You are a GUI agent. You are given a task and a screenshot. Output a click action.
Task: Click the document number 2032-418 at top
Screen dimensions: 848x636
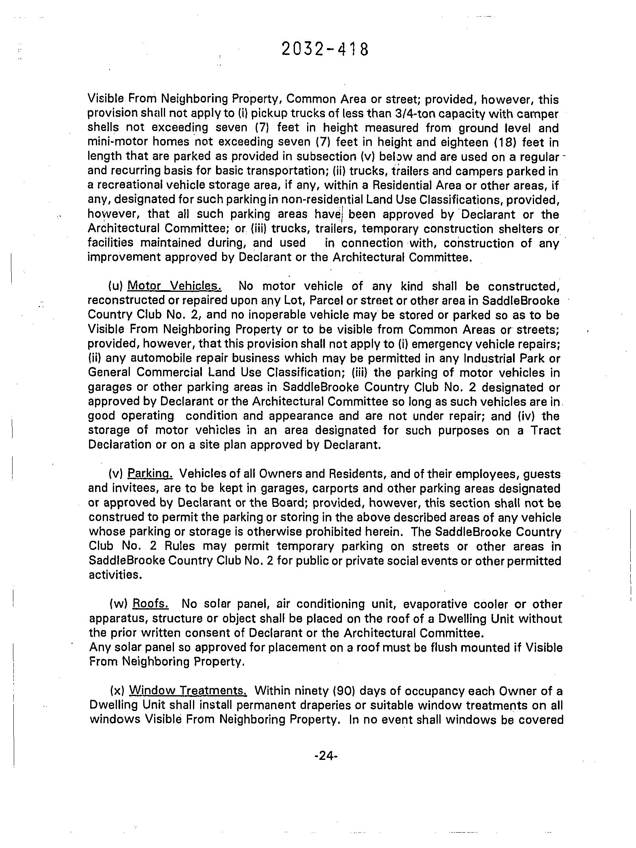(x=325, y=50)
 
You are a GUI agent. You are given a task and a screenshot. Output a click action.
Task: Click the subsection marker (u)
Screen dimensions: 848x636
(x=116, y=286)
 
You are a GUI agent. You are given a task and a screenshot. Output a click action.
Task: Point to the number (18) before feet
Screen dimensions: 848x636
(x=506, y=142)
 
